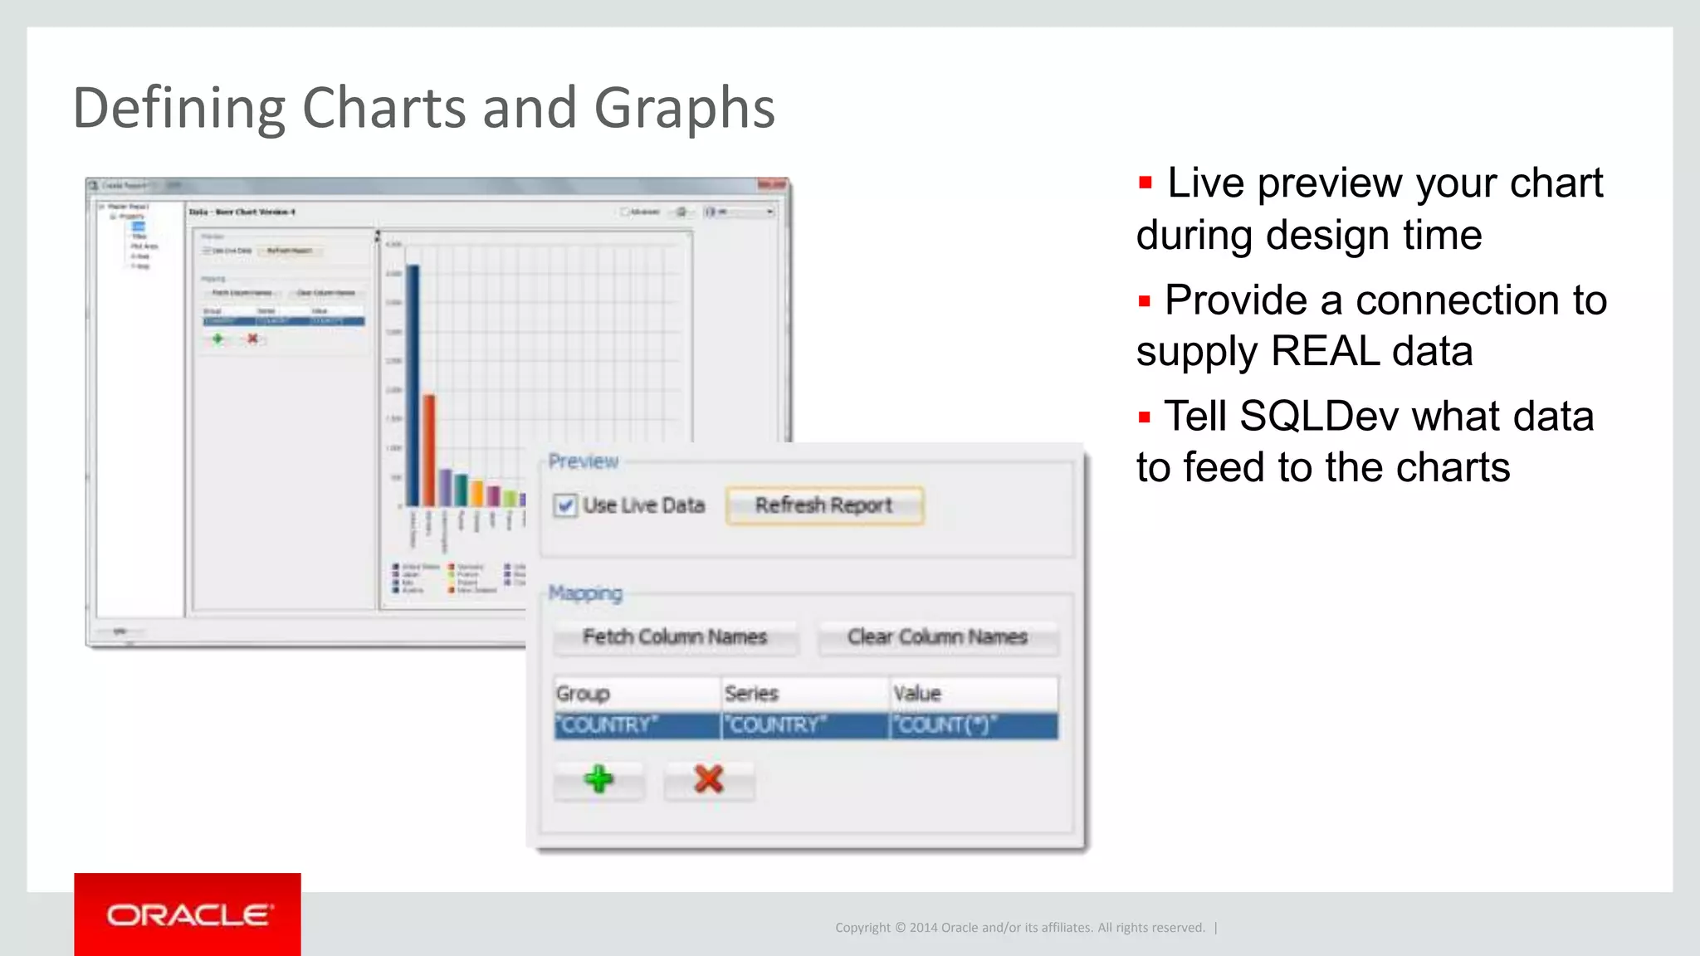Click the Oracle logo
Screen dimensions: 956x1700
(x=188, y=915)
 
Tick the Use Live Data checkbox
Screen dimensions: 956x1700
(x=566, y=505)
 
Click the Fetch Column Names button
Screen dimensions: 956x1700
(x=675, y=637)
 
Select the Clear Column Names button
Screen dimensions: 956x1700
(x=937, y=637)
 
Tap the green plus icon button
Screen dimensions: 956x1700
(x=598, y=779)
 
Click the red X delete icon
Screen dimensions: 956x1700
(x=708, y=779)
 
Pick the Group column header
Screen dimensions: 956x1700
(x=583, y=694)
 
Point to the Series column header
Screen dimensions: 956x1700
(x=751, y=694)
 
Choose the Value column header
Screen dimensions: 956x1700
(x=917, y=694)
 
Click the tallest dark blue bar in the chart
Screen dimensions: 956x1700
(x=413, y=386)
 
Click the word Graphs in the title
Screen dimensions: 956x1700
(x=684, y=109)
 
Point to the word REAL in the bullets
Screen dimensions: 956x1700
(x=1325, y=351)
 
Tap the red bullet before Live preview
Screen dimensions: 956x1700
(x=1146, y=183)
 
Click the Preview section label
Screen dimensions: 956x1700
(x=584, y=461)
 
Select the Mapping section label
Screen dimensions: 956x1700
(x=585, y=593)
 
